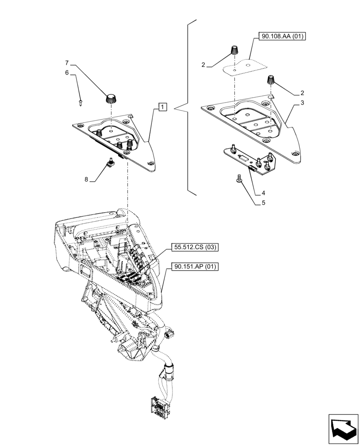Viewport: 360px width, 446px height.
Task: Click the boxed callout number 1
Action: [163, 107]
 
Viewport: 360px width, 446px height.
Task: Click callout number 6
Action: [67, 72]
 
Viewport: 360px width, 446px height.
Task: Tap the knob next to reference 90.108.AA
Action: [233, 50]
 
